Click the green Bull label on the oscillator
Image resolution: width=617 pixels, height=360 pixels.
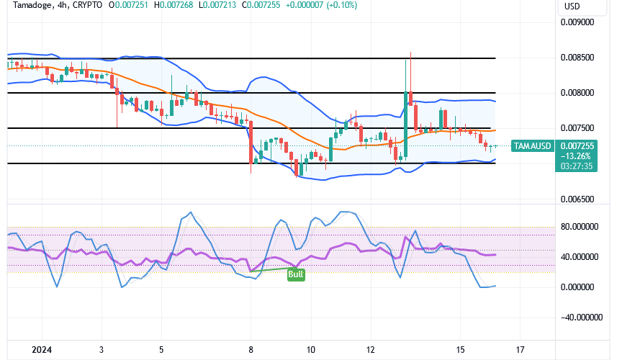[x=294, y=274]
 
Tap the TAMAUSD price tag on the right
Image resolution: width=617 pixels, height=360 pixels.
[x=531, y=146]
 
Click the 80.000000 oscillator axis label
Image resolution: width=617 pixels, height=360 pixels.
[x=581, y=226]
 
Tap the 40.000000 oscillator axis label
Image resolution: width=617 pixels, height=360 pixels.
[x=581, y=256]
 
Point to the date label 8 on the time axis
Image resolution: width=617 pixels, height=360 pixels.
[x=251, y=349]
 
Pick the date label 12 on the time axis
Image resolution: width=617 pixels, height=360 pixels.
[x=370, y=349]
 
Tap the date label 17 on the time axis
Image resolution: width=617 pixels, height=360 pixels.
[x=521, y=349]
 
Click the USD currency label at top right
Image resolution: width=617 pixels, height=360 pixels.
[x=572, y=6]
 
